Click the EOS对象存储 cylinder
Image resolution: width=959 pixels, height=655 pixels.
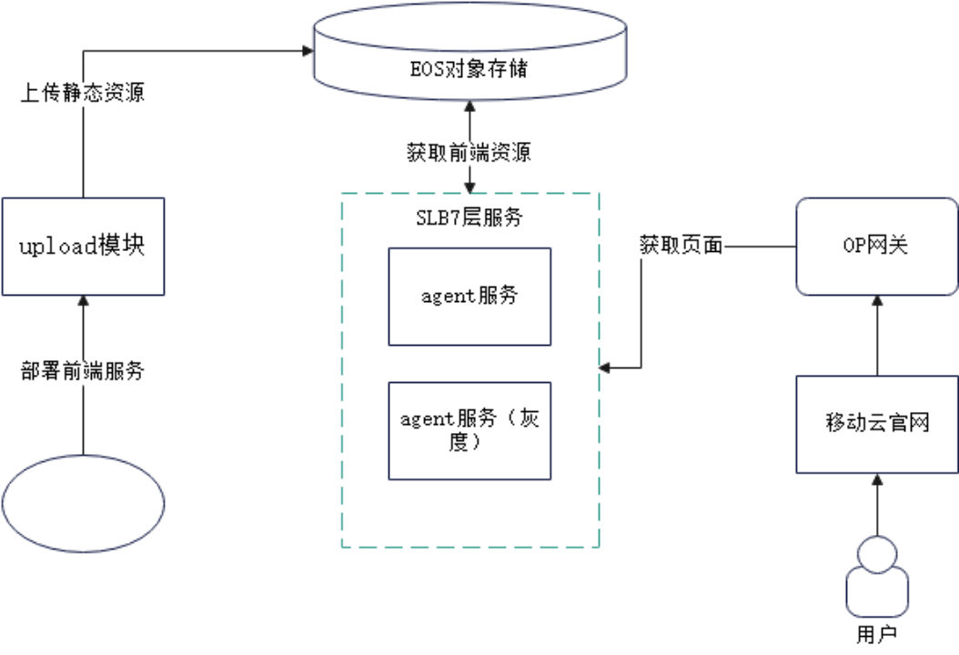[469, 55]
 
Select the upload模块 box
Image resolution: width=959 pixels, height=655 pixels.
[83, 247]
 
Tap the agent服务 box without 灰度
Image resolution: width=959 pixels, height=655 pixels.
[469, 297]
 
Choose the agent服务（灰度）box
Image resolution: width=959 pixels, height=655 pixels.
[469, 430]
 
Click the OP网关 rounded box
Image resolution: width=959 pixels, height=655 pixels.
[877, 247]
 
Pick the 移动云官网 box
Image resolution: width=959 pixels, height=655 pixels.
[877, 424]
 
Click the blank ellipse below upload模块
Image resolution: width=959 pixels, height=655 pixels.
[83, 502]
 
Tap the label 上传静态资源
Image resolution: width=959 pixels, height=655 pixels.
[83, 94]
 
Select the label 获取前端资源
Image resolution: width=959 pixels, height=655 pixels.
[469, 153]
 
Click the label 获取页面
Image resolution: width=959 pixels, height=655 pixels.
[681, 246]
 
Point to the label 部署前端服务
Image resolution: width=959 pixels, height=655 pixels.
[83, 371]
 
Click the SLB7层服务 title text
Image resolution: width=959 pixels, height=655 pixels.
[469, 218]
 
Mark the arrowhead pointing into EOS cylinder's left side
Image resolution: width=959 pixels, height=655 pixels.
[307, 51]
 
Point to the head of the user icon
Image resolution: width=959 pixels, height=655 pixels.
[877, 553]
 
